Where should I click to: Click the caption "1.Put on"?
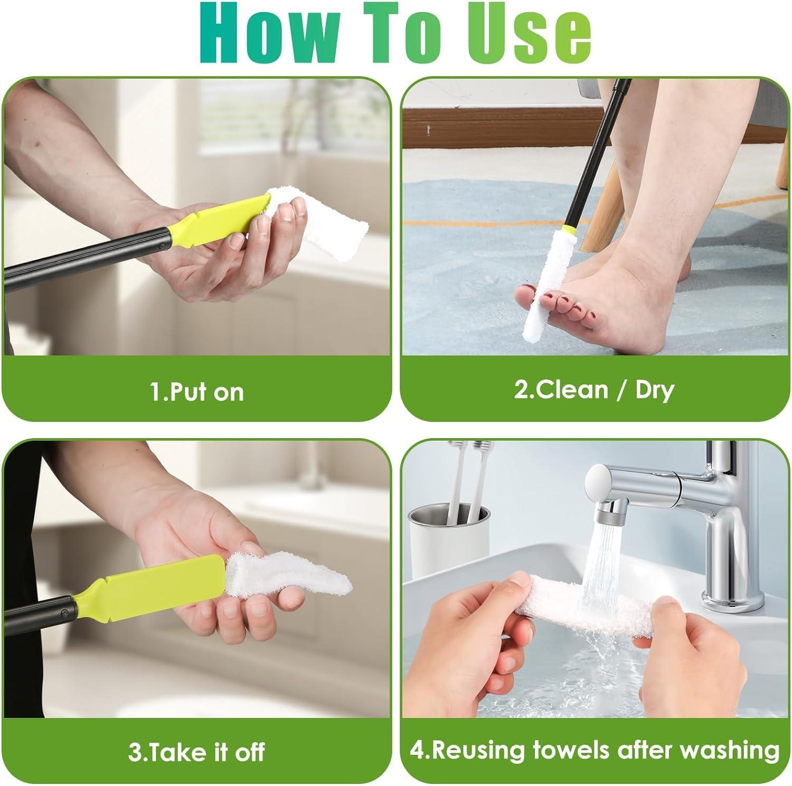pyautogui.click(x=197, y=392)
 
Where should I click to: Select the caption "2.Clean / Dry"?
pyautogui.click(x=594, y=390)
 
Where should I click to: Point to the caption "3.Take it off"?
pyautogui.click(x=196, y=752)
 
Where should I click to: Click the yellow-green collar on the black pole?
pyautogui.click(x=568, y=230)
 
